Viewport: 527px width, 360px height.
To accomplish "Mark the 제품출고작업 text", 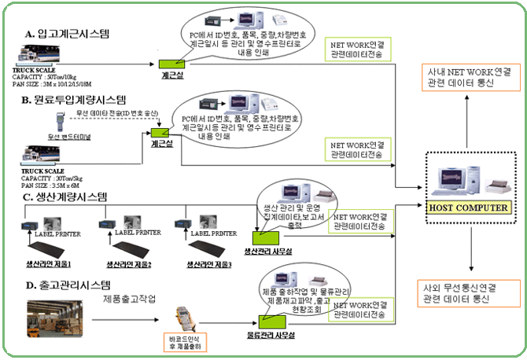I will click(133, 299).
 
